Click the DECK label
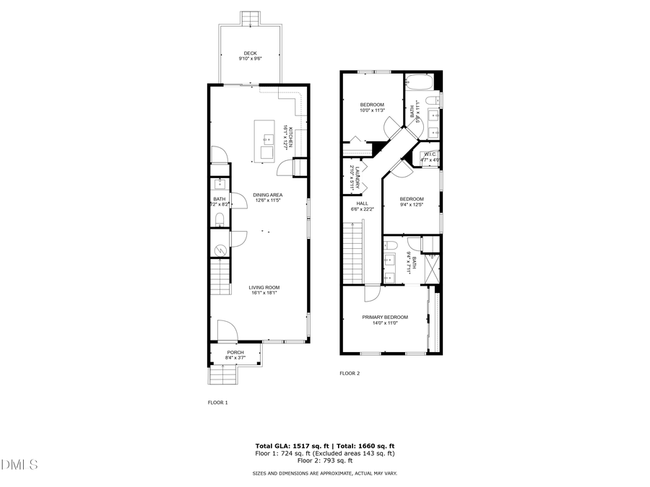250,53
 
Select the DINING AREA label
267,195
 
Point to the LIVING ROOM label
264,287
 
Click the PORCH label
235,352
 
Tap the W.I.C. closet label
430,154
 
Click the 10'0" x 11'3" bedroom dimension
373,110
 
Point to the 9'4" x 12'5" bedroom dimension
412,205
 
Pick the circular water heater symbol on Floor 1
220,250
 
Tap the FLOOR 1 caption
217,402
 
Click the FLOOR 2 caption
350,373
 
